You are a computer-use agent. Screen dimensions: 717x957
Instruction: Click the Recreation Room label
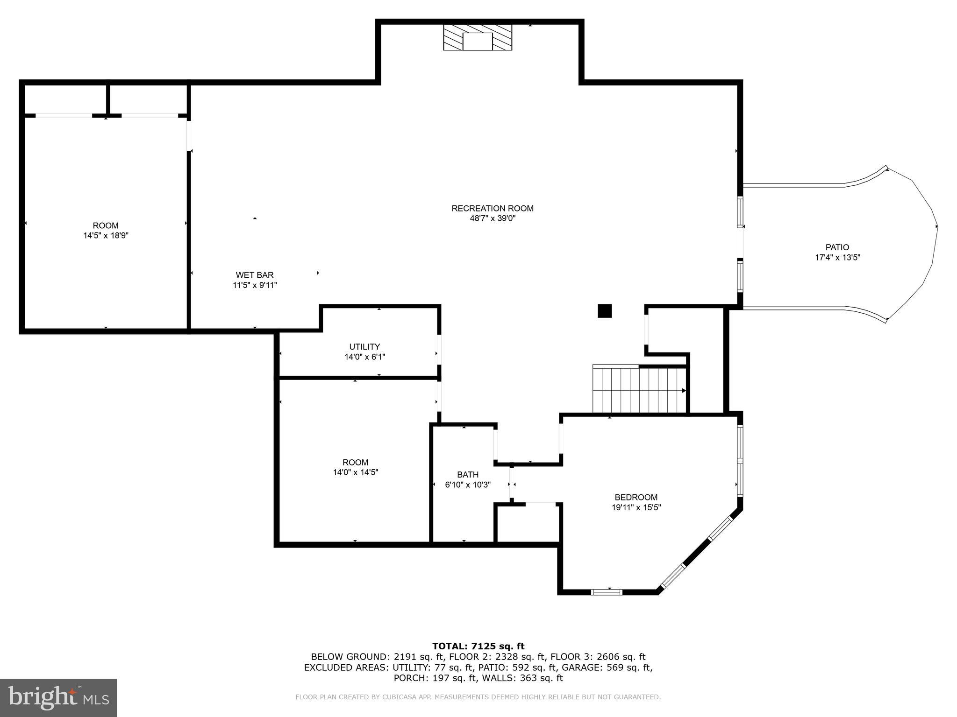(x=492, y=208)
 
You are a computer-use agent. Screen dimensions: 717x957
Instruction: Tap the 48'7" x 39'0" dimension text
(x=492, y=218)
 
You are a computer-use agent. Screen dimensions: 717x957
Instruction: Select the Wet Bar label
(x=255, y=275)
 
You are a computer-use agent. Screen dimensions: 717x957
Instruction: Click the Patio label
(x=837, y=247)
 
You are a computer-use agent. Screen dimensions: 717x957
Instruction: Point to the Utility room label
(x=364, y=346)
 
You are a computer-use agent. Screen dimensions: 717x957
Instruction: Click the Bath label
(x=468, y=474)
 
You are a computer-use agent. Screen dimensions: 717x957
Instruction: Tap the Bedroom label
(x=636, y=497)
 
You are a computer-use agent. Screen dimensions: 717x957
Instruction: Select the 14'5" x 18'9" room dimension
(x=106, y=236)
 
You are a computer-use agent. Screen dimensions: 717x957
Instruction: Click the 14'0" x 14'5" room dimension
(x=355, y=472)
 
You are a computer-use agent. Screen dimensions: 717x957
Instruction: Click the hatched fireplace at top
(x=477, y=37)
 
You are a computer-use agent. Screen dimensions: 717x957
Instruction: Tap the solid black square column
(x=605, y=311)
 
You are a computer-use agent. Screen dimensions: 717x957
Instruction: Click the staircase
(x=639, y=390)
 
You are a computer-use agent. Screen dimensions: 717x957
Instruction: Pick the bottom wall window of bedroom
(x=607, y=592)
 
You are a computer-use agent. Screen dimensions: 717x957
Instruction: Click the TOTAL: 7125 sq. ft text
(x=478, y=646)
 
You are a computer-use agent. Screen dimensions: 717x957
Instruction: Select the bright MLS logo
(x=58, y=697)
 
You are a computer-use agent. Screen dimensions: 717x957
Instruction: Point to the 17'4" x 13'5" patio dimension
(x=837, y=257)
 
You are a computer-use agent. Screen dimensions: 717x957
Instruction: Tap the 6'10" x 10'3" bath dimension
(x=468, y=485)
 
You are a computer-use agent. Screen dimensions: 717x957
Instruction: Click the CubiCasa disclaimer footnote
(x=478, y=697)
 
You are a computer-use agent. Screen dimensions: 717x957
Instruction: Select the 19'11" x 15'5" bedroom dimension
(x=636, y=507)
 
